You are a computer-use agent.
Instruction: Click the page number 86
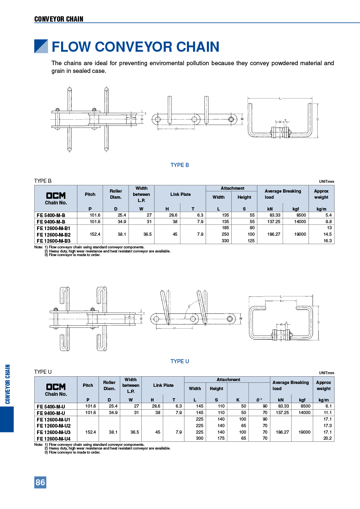(40, 483)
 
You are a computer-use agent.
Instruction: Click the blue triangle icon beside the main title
(41, 46)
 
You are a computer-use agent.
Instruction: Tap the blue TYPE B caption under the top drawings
(180, 165)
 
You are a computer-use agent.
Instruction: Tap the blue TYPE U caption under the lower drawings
(180, 361)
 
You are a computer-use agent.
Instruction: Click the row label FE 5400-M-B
(51, 215)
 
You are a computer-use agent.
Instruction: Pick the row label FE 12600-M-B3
(54, 241)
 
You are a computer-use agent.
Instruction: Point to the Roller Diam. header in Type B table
(116, 194)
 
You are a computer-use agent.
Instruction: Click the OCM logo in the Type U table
(56, 386)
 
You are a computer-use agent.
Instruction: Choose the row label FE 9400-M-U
(51, 412)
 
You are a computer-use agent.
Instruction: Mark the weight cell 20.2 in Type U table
(327, 439)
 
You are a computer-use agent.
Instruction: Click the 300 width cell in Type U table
(198, 439)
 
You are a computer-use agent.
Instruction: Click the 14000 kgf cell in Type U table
(304, 412)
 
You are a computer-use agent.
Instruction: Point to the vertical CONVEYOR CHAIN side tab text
(7, 384)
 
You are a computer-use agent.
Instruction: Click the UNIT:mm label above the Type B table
(326, 182)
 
